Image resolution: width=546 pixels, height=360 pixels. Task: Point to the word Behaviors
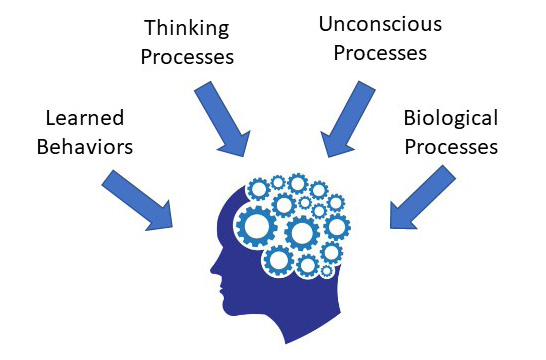(x=85, y=146)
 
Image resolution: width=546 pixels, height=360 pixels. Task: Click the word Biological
(x=450, y=119)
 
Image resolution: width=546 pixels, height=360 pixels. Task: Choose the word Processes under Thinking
(x=187, y=56)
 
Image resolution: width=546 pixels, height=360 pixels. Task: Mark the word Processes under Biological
(x=450, y=147)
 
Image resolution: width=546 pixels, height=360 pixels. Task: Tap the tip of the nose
(x=211, y=271)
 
